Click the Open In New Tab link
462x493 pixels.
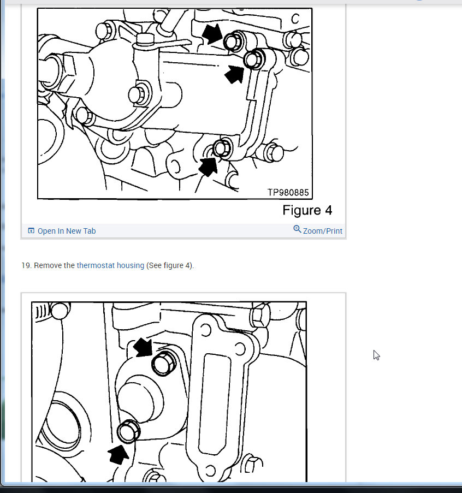click(66, 231)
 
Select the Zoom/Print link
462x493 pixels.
click(322, 231)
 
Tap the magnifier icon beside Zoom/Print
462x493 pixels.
click(297, 229)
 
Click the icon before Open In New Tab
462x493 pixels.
click(31, 231)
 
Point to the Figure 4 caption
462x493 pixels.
click(307, 210)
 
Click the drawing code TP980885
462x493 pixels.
click(288, 193)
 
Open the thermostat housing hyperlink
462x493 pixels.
click(110, 265)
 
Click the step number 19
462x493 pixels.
click(26, 265)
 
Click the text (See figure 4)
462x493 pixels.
click(170, 265)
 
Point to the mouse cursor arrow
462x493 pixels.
click(376, 355)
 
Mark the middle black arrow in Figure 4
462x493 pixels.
click(235, 74)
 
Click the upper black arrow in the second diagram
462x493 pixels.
click(144, 346)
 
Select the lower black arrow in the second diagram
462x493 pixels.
click(119, 453)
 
